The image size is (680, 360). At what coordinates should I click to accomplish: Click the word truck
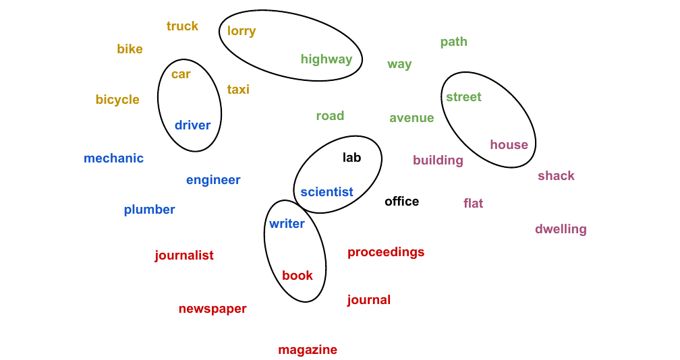(x=182, y=26)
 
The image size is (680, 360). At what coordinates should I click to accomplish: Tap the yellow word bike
(x=130, y=49)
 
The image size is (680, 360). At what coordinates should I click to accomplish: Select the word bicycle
(x=117, y=100)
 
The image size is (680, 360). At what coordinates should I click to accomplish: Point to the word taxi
(x=238, y=90)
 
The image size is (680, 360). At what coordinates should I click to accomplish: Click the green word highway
(x=327, y=59)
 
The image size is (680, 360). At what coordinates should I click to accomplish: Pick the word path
(x=453, y=42)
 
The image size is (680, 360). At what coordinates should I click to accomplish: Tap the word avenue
(x=412, y=118)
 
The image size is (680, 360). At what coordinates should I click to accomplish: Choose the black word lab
(x=351, y=158)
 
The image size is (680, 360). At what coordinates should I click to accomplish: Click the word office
(x=401, y=202)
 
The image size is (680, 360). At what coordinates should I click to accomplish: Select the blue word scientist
(x=327, y=192)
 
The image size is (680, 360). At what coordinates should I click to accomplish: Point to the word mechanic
(x=113, y=158)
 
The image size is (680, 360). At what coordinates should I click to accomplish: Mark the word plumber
(x=149, y=210)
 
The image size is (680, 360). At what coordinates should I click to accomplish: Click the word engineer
(x=213, y=180)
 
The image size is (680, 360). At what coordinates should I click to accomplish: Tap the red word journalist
(x=183, y=256)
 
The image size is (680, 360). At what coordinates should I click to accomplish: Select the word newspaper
(x=213, y=309)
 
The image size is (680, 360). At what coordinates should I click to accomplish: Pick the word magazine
(x=308, y=350)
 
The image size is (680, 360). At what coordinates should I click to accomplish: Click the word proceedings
(x=386, y=252)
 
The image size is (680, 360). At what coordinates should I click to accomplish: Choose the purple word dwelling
(x=561, y=229)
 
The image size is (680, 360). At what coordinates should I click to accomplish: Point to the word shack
(x=556, y=176)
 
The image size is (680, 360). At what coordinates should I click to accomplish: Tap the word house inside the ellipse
(x=509, y=145)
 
